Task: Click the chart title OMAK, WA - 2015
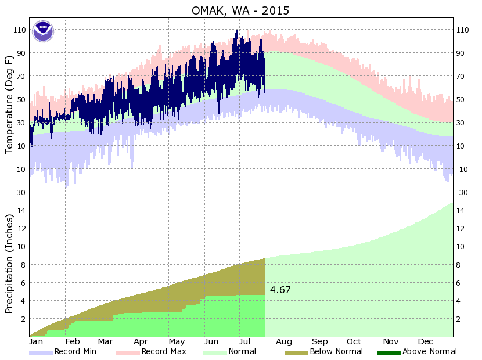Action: coord(240,10)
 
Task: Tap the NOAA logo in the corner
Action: coord(42,31)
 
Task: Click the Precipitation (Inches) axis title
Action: coord(9,264)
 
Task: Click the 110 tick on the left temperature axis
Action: coord(19,30)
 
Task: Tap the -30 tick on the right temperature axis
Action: coord(463,192)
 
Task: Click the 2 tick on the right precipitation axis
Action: coord(461,319)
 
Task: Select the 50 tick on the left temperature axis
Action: coord(21,99)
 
